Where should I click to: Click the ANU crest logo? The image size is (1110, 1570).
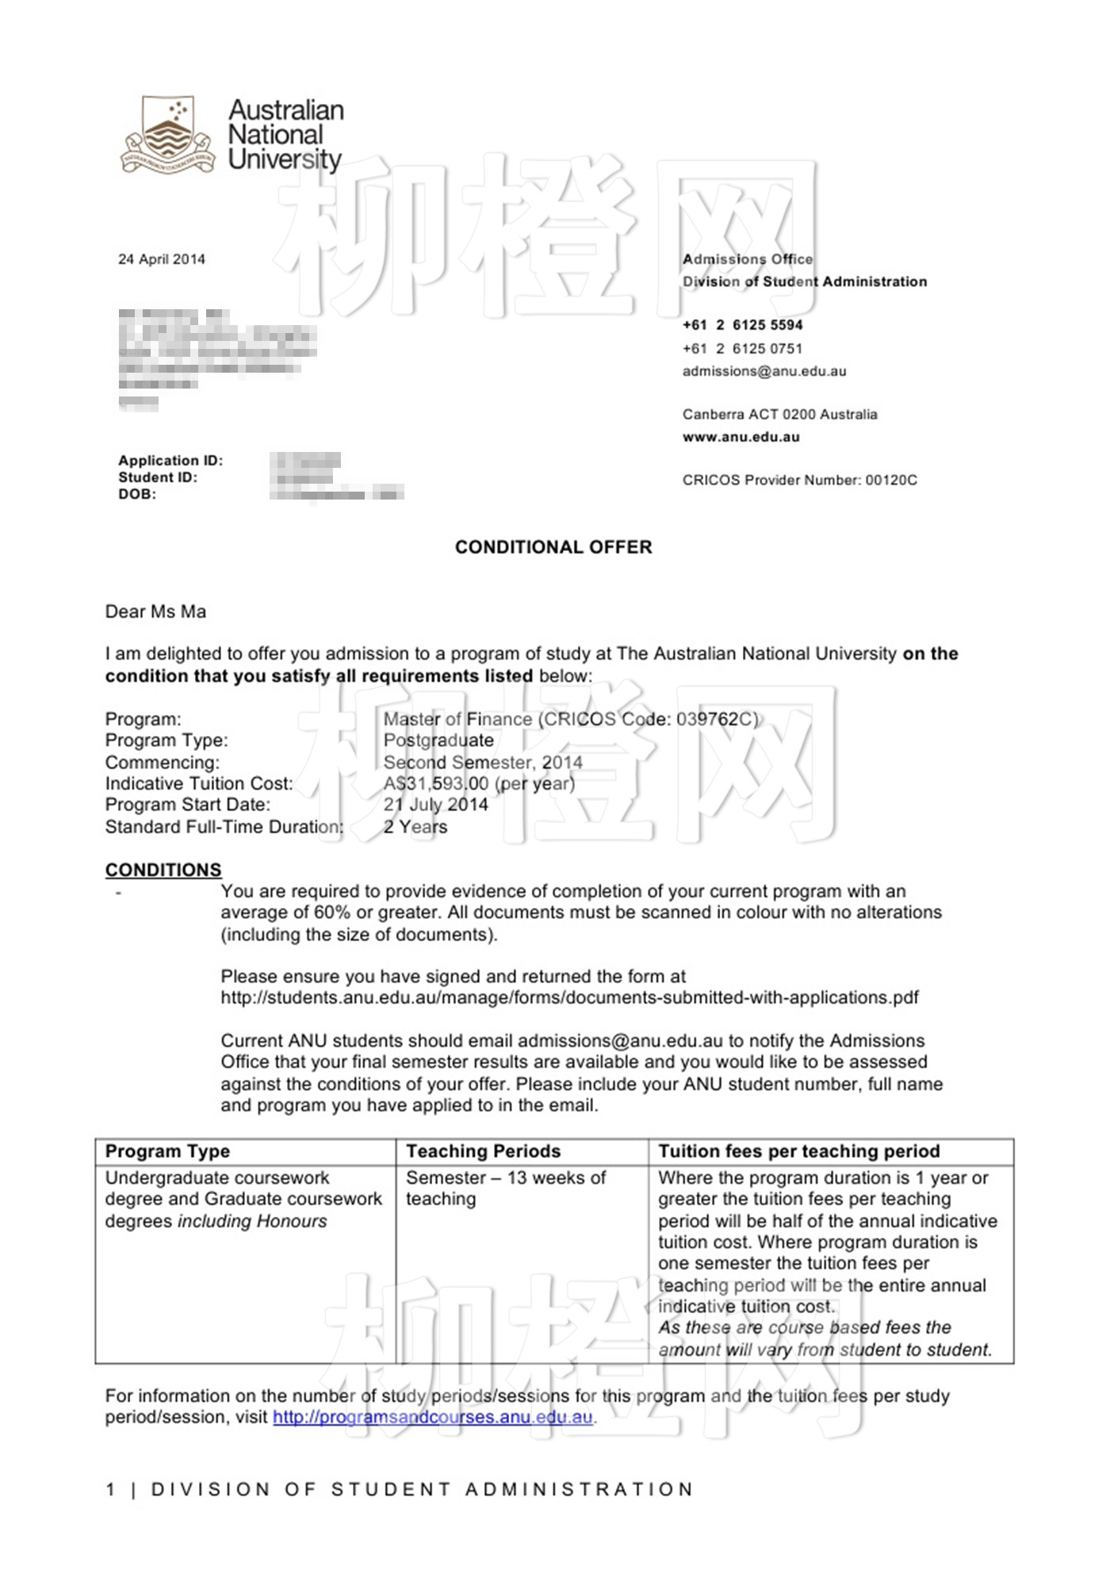[x=167, y=135]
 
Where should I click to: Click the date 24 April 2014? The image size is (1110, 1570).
[x=162, y=259]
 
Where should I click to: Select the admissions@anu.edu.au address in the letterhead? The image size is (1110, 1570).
[x=764, y=371]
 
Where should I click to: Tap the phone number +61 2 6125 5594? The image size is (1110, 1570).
[x=742, y=325]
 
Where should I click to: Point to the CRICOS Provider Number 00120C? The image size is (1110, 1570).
[x=799, y=480]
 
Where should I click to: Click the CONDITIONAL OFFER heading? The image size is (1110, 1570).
[x=553, y=547]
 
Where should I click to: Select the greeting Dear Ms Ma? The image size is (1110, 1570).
[x=155, y=611]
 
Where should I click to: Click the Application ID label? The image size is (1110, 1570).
[x=170, y=461]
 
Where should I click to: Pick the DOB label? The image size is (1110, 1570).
[x=137, y=494]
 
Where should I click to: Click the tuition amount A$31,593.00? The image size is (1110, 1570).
[x=436, y=783]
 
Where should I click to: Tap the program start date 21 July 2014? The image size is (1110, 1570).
[x=436, y=805]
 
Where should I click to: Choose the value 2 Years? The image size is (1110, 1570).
[x=415, y=826]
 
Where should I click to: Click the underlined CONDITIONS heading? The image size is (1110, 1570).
[x=163, y=870]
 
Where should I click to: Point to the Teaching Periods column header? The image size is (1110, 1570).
[x=483, y=1151]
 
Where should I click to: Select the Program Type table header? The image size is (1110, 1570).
[x=167, y=1151]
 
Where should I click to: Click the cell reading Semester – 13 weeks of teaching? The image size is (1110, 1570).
[x=505, y=1189]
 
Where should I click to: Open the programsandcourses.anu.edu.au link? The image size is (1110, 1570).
[x=433, y=1417]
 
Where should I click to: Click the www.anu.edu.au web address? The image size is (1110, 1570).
[x=741, y=437]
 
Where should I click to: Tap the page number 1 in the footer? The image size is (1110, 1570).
[x=110, y=1489]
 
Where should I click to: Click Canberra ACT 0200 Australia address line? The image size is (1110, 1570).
[x=779, y=415]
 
